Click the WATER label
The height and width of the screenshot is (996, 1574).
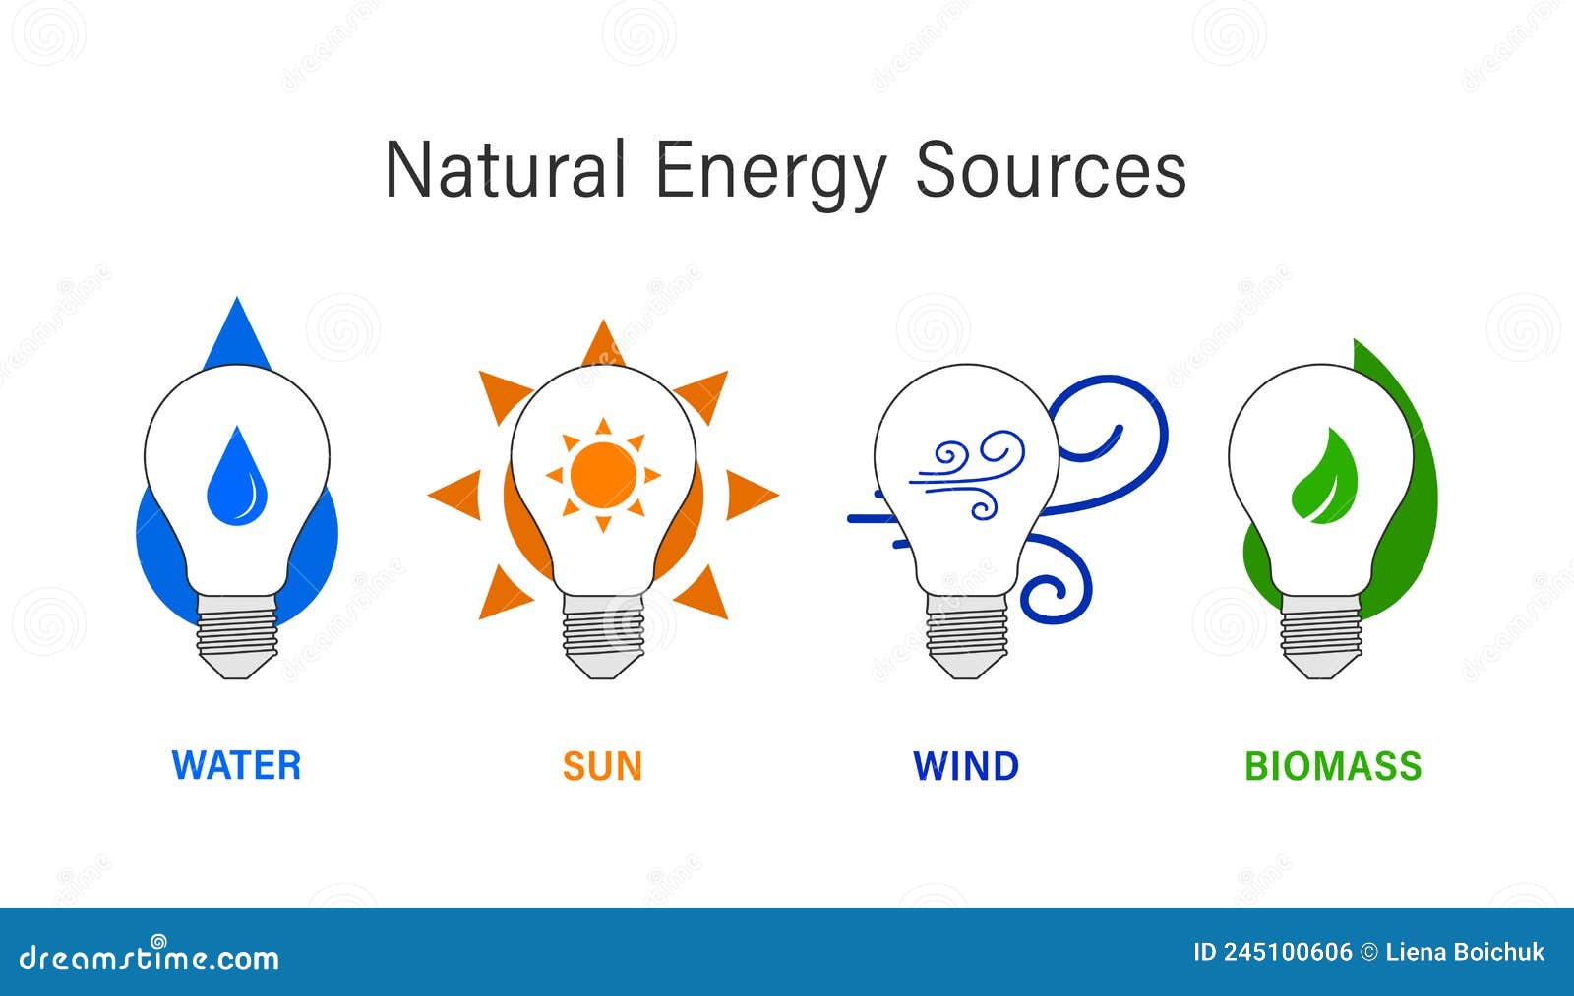[236, 766]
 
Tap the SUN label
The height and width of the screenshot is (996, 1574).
[602, 766]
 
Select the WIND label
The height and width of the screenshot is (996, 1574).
[966, 766]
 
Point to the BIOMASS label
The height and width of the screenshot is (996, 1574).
[1333, 766]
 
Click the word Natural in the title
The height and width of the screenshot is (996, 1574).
[505, 170]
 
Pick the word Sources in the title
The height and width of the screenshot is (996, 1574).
[1051, 170]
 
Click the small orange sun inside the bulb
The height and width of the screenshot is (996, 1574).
[603, 475]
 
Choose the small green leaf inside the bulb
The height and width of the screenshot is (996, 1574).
[1325, 477]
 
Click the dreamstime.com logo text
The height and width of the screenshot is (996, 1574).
[150, 957]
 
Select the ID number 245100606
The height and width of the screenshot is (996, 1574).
[1287, 952]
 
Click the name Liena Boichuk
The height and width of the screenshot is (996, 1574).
[1465, 952]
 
